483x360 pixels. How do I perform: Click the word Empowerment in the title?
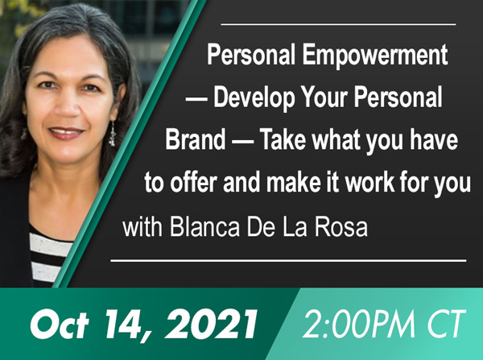click(375, 56)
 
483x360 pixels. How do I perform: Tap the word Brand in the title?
click(196, 140)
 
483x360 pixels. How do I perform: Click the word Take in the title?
click(283, 140)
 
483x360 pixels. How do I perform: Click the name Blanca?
click(204, 228)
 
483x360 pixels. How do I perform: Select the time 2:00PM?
click(357, 324)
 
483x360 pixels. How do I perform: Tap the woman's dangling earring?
click(112, 134)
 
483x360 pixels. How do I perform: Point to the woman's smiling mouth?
click(66, 133)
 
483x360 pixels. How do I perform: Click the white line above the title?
click(338, 24)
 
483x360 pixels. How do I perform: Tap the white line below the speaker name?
click(288, 261)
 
